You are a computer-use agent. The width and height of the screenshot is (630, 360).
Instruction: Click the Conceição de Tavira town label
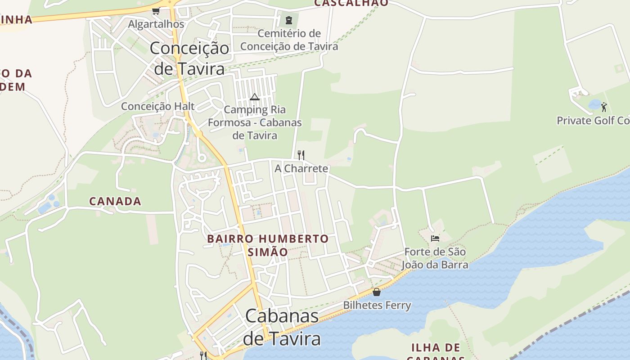pyautogui.click(x=189, y=58)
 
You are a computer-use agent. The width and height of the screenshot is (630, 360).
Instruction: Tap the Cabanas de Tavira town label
pyautogui.click(x=282, y=327)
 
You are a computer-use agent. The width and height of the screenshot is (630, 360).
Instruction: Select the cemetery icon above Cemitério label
pyautogui.click(x=288, y=20)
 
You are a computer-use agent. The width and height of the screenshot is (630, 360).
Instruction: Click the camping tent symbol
pyautogui.click(x=255, y=97)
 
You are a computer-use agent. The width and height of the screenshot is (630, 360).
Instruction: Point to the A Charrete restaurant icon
pyautogui.click(x=301, y=155)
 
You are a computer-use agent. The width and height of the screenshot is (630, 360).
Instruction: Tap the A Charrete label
pyautogui.click(x=301, y=169)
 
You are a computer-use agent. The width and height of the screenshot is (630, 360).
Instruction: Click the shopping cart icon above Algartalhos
pyautogui.click(x=156, y=11)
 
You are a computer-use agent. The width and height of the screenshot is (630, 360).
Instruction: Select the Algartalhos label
pyautogui.click(x=156, y=24)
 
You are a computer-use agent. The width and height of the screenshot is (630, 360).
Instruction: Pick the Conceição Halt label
pyautogui.click(x=157, y=106)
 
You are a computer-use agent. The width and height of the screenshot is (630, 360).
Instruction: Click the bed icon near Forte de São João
pyautogui.click(x=435, y=238)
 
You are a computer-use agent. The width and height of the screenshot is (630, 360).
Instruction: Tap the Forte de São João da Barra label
pyautogui.click(x=435, y=258)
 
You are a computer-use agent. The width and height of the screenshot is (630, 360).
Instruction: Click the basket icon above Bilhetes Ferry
pyautogui.click(x=377, y=292)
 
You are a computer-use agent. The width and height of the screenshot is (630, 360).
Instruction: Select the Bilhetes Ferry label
pyautogui.click(x=377, y=306)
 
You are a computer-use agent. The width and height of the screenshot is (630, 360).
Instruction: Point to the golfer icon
pyautogui.click(x=604, y=107)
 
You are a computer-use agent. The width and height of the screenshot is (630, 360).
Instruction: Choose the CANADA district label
pyautogui.click(x=115, y=201)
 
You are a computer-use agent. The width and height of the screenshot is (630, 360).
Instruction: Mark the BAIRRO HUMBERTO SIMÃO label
pyautogui.click(x=268, y=245)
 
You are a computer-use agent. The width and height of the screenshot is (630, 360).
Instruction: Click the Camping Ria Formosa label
pyautogui.click(x=255, y=122)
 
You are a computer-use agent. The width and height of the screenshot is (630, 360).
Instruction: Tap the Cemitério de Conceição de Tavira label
pyautogui.click(x=289, y=40)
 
